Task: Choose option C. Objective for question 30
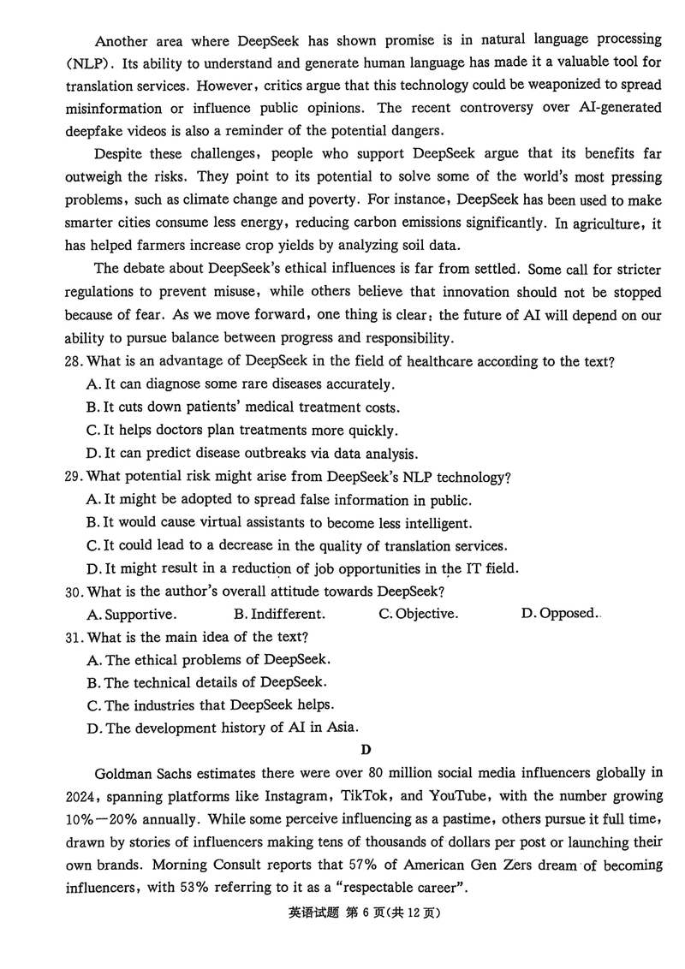[418, 614]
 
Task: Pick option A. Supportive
[132, 614]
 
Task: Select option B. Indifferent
[279, 614]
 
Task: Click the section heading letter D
[366, 751]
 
